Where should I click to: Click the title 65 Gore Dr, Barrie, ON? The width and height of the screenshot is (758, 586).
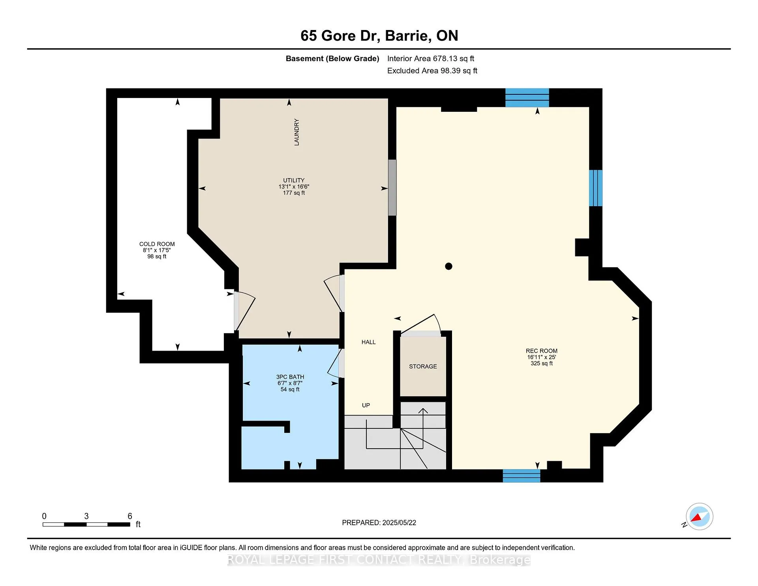coord(379,36)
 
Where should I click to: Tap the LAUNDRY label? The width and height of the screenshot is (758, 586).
coord(296,132)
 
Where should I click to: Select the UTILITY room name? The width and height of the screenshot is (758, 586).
coord(294,180)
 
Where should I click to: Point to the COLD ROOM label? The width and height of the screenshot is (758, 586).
coord(157,244)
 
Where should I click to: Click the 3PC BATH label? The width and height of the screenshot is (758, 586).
coord(290,377)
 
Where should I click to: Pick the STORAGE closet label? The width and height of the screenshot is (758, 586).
coord(423,366)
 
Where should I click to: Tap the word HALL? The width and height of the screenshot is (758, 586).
coord(368,342)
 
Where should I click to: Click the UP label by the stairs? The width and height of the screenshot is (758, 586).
coord(366,405)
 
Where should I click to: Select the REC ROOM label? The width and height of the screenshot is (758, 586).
coord(542,351)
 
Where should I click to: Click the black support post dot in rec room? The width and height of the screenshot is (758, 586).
coord(448,266)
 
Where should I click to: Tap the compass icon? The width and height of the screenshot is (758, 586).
coord(699,517)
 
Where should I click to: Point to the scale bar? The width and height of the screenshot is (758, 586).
coord(86,524)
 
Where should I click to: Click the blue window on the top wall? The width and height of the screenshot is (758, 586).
coord(527,98)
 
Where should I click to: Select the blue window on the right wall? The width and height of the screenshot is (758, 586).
coord(596,188)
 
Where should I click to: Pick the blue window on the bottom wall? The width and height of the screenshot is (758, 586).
coord(522,475)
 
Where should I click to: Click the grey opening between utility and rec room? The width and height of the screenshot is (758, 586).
coord(392,188)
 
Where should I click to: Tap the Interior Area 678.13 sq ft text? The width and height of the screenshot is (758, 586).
coord(430,58)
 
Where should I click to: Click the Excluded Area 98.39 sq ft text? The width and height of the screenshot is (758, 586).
coord(432,71)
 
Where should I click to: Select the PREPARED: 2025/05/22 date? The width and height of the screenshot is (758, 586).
coord(379,522)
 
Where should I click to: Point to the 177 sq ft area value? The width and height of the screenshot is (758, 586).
coord(294,193)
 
